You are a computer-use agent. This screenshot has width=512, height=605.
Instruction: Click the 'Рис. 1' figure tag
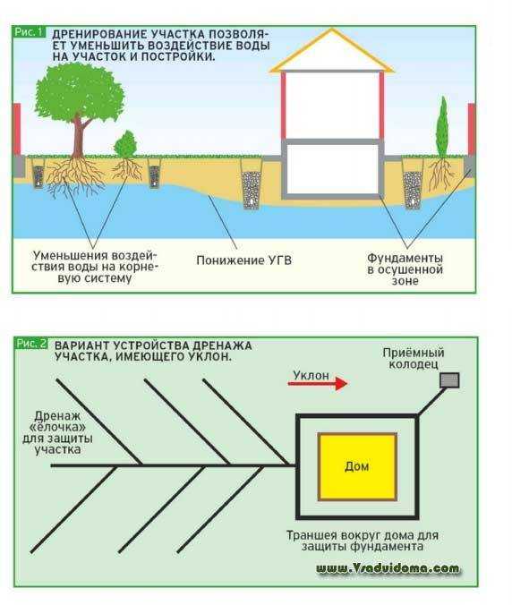[x=28, y=32]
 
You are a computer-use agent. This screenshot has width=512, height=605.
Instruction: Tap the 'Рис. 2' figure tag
[x=31, y=343]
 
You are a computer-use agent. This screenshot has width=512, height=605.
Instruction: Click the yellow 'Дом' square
[x=357, y=467]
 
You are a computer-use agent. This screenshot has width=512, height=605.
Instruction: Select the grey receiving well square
[x=449, y=380]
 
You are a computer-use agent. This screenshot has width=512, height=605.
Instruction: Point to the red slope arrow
[x=318, y=383]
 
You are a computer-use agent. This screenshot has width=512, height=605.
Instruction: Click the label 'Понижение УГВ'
[x=243, y=260]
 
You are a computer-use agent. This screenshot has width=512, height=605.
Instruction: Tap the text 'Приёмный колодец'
[x=414, y=358]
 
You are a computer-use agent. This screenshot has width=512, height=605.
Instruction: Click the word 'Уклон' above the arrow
[x=311, y=375]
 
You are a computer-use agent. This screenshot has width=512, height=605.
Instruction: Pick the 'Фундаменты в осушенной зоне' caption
[x=405, y=268]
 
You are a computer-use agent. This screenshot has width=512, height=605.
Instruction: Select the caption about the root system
[x=95, y=267]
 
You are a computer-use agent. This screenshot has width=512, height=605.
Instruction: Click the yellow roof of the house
[x=331, y=52]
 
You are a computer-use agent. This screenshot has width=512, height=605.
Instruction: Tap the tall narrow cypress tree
[x=442, y=127]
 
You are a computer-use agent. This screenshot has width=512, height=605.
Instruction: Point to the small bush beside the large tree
[x=125, y=144]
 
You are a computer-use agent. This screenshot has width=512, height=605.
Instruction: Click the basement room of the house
[x=332, y=169]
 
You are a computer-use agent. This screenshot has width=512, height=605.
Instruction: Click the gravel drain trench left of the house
[x=252, y=185]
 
